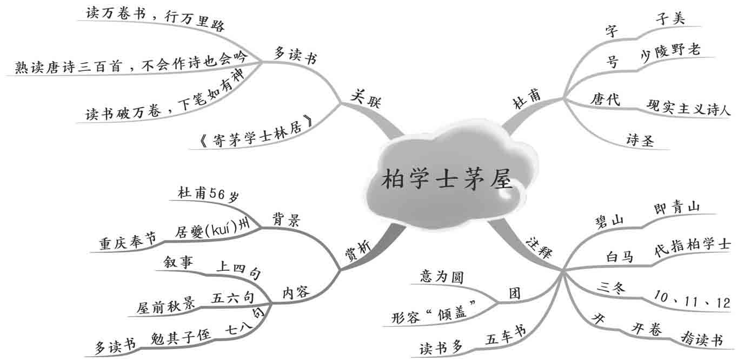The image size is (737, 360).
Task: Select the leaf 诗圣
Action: click(x=640, y=141)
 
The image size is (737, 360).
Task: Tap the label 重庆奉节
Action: click(x=127, y=239)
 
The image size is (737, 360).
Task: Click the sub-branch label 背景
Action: click(x=287, y=219)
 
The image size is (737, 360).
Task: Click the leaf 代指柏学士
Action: click(x=692, y=244)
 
